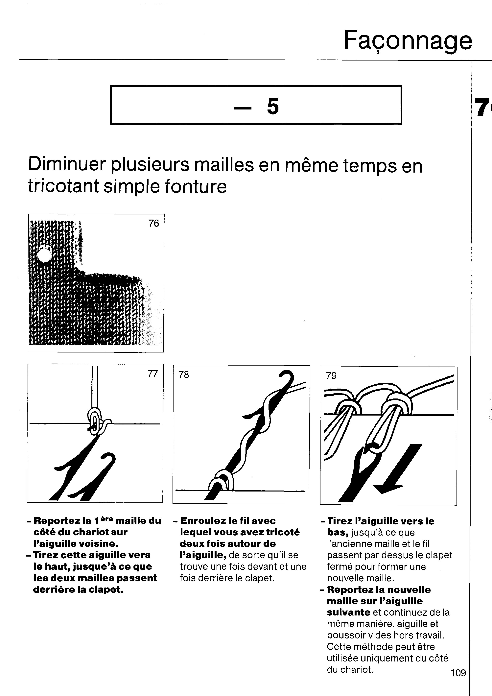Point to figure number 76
pos(154,223)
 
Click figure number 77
pos(153,374)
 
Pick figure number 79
pos(331,376)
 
